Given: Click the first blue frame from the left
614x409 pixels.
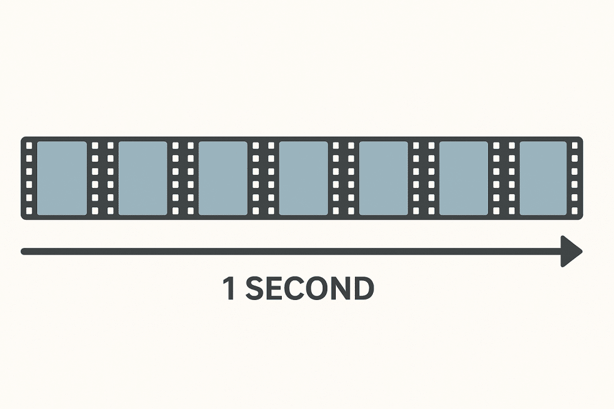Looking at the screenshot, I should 62,178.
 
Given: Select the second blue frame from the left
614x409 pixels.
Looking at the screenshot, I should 143,178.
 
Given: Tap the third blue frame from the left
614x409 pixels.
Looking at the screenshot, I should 223,178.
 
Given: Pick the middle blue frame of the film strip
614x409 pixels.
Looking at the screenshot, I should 303,178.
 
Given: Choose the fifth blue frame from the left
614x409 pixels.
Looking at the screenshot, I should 384,178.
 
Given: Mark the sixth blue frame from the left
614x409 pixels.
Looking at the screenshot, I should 464,178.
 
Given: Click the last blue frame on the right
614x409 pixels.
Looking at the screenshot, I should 543,178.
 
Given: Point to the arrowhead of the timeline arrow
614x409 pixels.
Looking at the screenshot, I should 571,251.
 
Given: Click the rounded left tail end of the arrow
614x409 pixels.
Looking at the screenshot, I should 25,251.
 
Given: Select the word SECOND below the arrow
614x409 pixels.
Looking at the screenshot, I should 309,289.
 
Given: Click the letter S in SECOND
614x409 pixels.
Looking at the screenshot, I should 255,289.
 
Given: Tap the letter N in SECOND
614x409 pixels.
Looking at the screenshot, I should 340,289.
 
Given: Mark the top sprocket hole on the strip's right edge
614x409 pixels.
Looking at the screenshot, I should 574,146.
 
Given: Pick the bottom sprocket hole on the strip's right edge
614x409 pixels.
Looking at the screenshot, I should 574,210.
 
